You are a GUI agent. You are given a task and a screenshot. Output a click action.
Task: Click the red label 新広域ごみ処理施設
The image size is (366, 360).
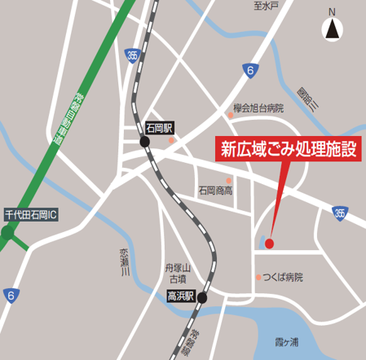(x=288, y=149)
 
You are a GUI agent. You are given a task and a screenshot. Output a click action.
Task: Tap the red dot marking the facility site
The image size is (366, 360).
(x=269, y=243)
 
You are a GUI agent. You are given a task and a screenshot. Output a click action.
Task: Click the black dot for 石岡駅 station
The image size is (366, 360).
(x=145, y=142)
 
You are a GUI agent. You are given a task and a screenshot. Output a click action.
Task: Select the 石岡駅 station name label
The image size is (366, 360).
(x=160, y=128)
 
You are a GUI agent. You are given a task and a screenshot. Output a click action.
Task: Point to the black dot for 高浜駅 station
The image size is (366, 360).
(x=201, y=297)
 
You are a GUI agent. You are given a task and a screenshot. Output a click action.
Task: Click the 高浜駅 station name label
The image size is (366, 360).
(x=180, y=297)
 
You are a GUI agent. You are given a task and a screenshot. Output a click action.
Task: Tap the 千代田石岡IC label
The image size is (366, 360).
(x=33, y=215)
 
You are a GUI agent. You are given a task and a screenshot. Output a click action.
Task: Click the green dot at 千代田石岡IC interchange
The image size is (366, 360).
(x=7, y=232)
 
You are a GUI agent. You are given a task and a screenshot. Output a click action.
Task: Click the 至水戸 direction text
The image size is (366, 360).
(x=266, y=7)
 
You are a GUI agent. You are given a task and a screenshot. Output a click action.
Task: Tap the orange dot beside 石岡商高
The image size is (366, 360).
(x=229, y=180)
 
